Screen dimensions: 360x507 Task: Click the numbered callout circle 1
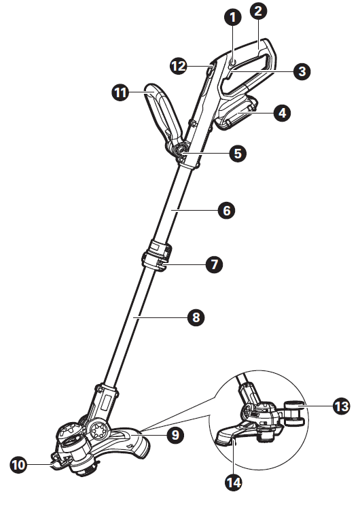pyautogui.click(x=233, y=18)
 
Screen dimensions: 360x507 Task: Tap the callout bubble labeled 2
pyautogui.click(x=259, y=11)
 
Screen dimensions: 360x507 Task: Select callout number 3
pyautogui.click(x=302, y=71)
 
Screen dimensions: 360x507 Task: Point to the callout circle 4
pyautogui.click(x=282, y=113)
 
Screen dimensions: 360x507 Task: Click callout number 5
pyautogui.click(x=238, y=154)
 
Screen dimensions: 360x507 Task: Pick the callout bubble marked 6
pyautogui.click(x=227, y=211)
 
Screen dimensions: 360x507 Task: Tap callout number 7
pyautogui.click(x=214, y=264)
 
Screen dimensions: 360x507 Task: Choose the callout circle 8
pyautogui.click(x=196, y=317)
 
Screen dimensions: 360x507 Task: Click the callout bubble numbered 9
pyautogui.click(x=175, y=435)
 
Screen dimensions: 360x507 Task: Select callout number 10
pyautogui.click(x=18, y=465)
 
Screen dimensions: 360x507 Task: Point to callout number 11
pyautogui.click(x=120, y=93)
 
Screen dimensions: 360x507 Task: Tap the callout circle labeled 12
pyautogui.click(x=179, y=67)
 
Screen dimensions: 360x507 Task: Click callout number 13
pyautogui.click(x=341, y=406)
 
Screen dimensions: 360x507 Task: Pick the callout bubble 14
pyautogui.click(x=234, y=483)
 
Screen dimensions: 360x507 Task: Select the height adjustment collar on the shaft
pyautogui.click(x=157, y=256)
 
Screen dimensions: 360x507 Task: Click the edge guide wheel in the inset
pyautogui.click(x=293, y=413)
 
